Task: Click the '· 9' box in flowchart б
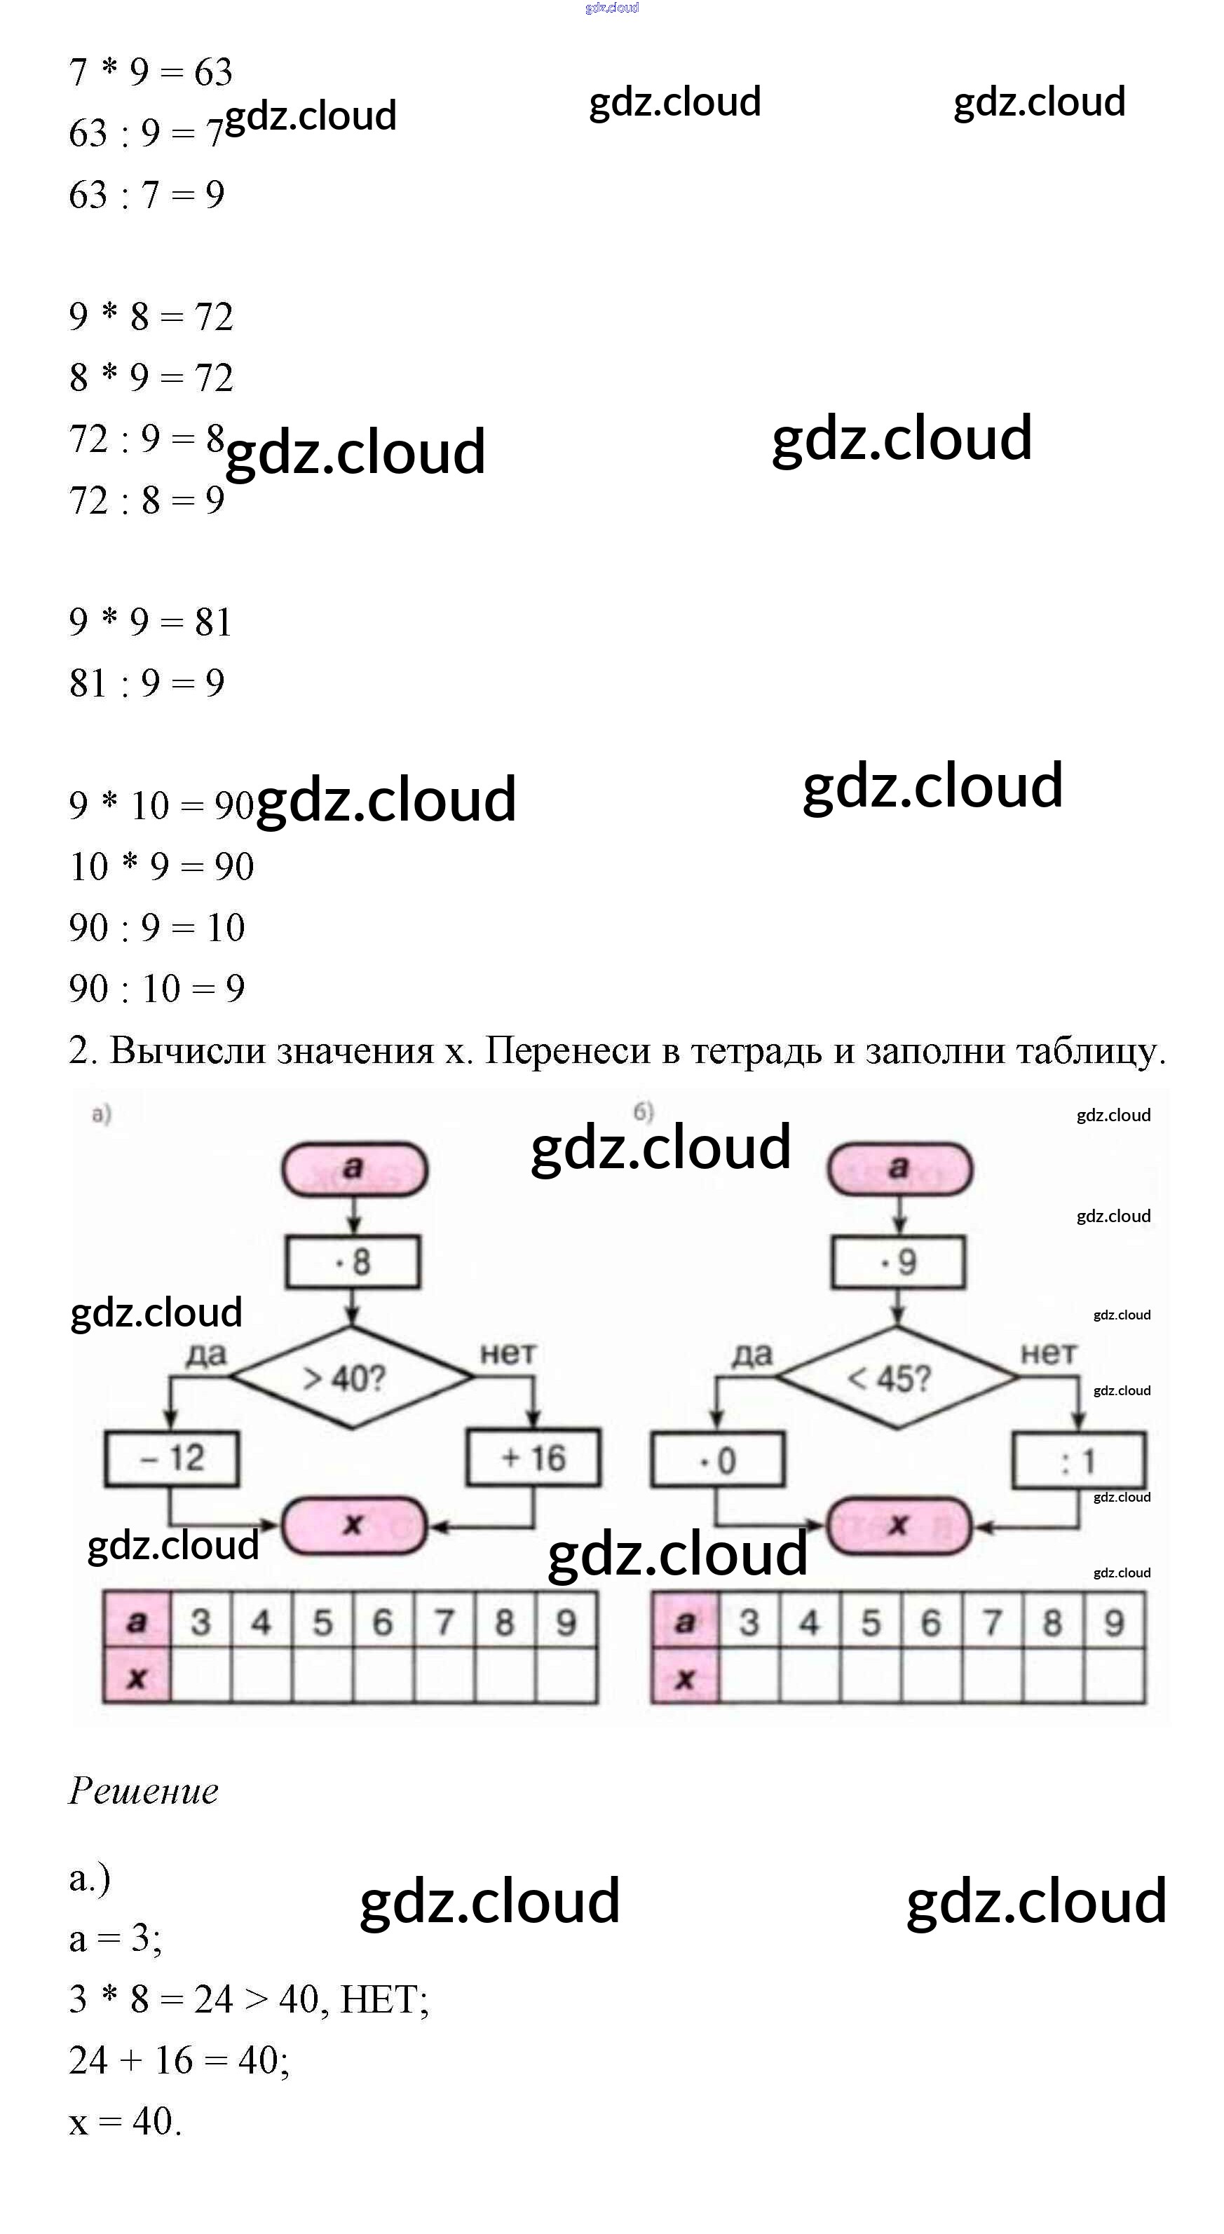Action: click(x=898, y=1262)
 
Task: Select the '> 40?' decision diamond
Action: click(x=351, y=1377)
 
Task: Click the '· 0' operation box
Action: click(x=717, y=1460)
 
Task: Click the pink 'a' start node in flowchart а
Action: click(x=354, y=1168)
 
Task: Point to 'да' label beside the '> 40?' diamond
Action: click(x=205, y=1354)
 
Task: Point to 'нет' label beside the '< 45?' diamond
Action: click(x=1048, y=1353)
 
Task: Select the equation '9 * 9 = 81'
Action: click(x=151, y=622)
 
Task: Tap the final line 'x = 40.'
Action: click(x=125, y=2121)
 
